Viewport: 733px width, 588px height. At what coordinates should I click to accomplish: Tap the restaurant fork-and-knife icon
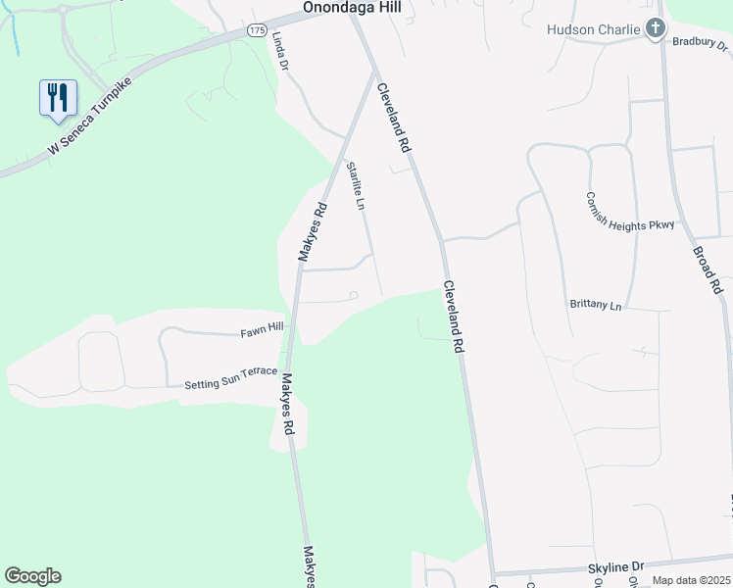(x=58, y=98)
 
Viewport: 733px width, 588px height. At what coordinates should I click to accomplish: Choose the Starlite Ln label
(x=355, y=186)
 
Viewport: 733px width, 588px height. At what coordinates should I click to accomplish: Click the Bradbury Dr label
(x=701, y=42)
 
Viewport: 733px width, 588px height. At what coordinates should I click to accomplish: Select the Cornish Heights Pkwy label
(x=631, y=212)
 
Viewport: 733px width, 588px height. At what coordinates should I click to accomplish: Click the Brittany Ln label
(x=596, y=306)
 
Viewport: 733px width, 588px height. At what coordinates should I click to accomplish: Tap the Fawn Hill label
(x=262, y=331)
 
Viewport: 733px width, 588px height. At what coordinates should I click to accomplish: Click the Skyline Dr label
(x=615, y=567)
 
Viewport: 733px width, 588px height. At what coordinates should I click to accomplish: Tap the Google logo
(x=32, y=576)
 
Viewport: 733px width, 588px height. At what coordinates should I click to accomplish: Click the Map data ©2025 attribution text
(x=691, y=580)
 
